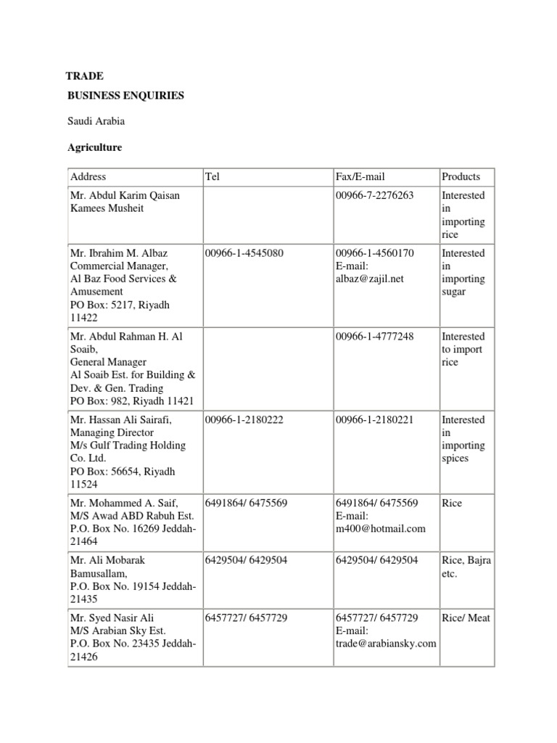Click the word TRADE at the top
(85, 75)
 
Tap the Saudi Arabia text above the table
(96, 121)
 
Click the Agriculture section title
(95, 147)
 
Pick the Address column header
(88, 176)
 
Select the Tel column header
(213, 176)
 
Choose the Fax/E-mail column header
(360, 176)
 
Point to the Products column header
(461, 176)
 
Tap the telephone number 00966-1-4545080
(243, 253)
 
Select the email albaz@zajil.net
(369, 279)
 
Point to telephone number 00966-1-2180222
(243, 419)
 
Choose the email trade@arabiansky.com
(386, 644)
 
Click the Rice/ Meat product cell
(466, 617)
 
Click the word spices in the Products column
(455, 459)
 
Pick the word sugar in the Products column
(453, 292)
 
